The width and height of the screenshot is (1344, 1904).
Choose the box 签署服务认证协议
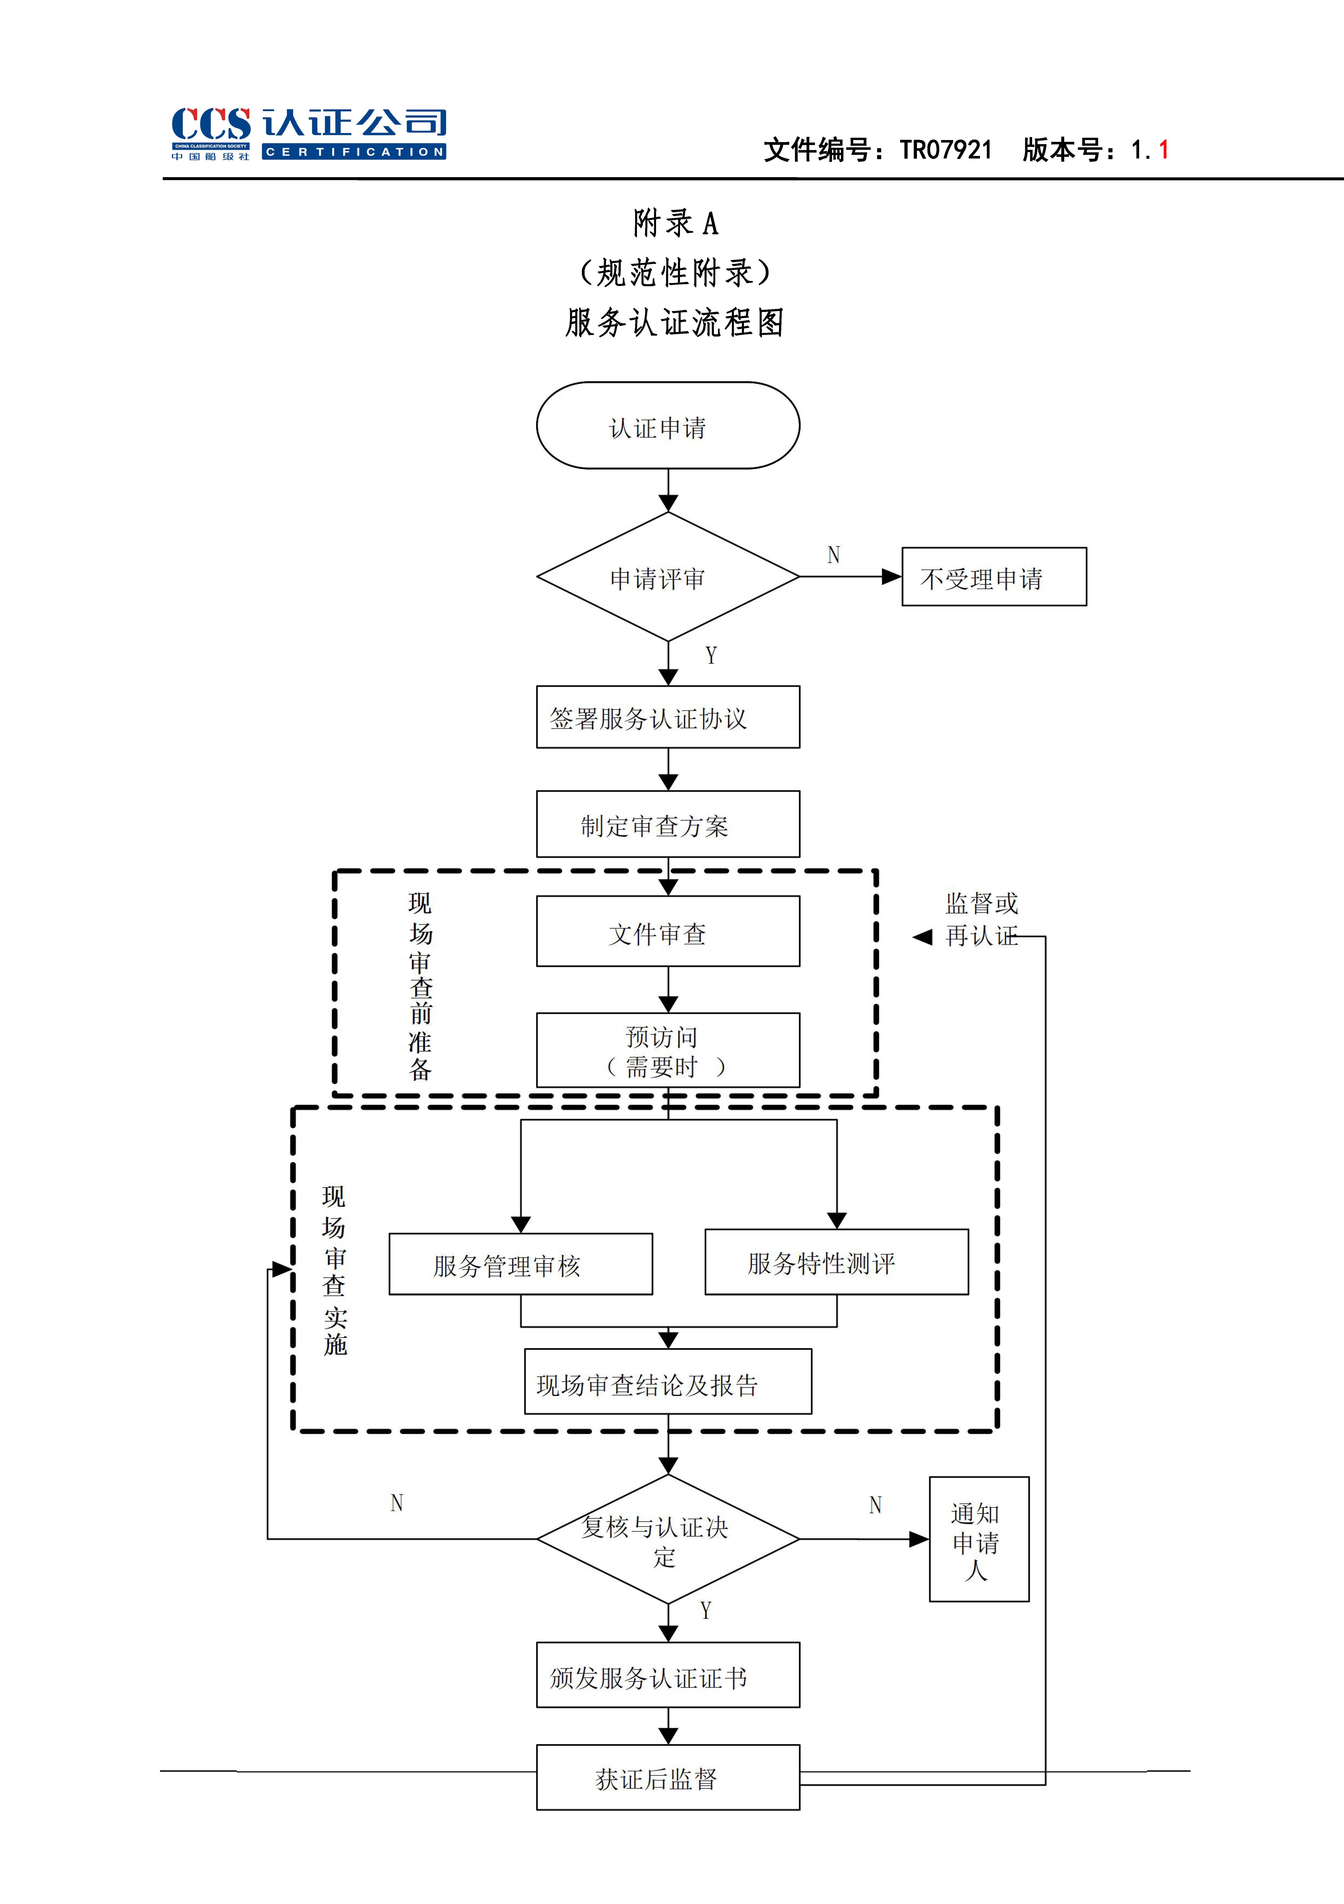coord(667,717)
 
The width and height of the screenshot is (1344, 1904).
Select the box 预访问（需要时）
coord(667,1050)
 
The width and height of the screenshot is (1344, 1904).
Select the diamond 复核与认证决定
coord(667,1539)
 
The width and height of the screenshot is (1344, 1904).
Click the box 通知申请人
coord(978,1539)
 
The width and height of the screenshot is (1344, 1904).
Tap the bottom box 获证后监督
coord(667,1778)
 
